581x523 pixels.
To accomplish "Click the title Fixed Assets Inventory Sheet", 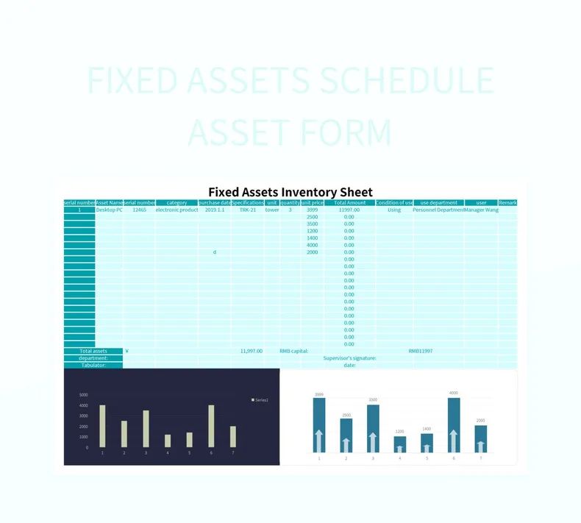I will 290,192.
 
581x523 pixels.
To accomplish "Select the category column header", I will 177,202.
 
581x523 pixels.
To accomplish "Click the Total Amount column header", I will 349,202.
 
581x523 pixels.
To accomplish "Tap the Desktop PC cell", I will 109,210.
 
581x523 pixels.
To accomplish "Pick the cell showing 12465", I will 139,210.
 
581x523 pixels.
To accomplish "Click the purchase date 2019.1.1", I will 215,210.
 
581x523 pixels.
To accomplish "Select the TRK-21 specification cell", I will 248,210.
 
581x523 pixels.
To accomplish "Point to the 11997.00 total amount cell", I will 349,210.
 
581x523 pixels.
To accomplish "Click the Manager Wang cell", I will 481,210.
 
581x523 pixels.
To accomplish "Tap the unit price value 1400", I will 312,238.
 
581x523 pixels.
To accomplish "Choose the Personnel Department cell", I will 438,210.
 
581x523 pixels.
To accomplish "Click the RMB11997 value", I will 421,351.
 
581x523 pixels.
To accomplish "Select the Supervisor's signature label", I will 349,358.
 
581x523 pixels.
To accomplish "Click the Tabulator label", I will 93,365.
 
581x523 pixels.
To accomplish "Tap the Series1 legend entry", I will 260,399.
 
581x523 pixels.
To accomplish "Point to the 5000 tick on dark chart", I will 84,395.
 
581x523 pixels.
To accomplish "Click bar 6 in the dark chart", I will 211,426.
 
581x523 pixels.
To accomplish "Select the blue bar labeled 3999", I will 319,425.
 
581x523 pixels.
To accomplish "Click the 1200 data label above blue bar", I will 399,431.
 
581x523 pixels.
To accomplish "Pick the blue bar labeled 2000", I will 480,438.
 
